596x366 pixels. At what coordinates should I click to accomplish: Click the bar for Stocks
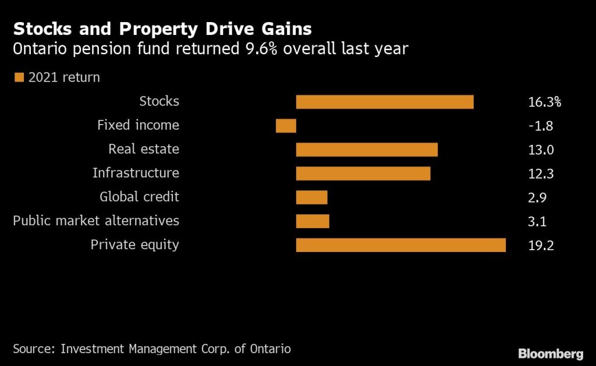[385, 102]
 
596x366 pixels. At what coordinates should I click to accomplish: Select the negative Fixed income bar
[286, 126]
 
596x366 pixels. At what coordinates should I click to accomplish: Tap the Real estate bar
[367, 150]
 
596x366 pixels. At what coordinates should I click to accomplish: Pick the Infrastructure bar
[363, 173]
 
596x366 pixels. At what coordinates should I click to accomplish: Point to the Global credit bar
[311, 197]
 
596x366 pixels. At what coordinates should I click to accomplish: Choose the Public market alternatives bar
[313, 221]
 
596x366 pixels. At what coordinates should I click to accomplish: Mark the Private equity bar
[400, 245]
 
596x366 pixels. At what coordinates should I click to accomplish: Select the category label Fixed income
[138, 125]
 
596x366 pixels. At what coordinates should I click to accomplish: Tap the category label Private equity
[134, 245]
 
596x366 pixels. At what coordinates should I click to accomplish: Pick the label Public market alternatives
[96, 221]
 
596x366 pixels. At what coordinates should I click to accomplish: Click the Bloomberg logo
[551, 353]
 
